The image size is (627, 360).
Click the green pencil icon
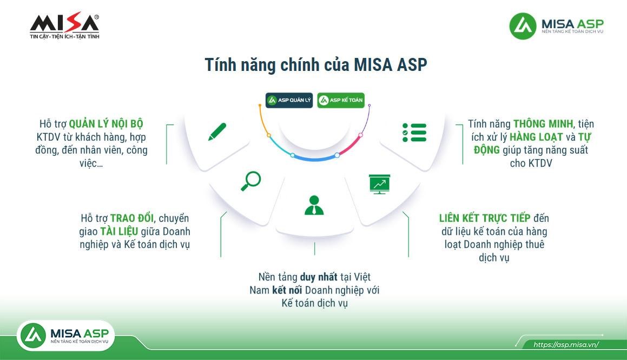click(217, 132)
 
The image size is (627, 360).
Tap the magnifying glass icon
click(251, 181)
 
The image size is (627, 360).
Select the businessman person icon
click(314, 205)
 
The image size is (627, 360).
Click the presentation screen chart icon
click(379, 184)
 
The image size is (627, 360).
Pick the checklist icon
click(414, 133)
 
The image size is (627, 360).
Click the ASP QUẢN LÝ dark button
click(289, 100)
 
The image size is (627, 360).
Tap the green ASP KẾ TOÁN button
click(341, 100)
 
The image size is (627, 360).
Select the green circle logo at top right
click(523, 26)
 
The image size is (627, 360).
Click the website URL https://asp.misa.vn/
click(566, 345)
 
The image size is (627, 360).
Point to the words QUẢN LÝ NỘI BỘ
click(106, 124)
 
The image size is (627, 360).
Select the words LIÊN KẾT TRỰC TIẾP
click(485, 218)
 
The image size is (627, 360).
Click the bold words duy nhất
click(319, 277)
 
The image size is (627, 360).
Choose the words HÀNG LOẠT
click(536, 137)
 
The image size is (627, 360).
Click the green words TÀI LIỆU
click(119, 231)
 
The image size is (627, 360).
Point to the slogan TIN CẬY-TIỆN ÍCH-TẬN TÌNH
click(64, 36)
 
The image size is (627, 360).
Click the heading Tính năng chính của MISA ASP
click(316, 65)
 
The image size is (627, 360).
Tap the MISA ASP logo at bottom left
click(65, 336)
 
